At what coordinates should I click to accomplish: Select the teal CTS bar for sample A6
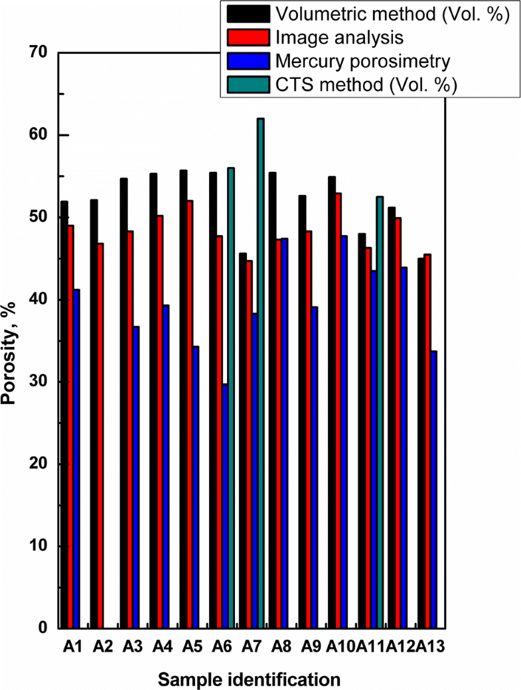[231, 398]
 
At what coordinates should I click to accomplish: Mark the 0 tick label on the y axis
[47, 628]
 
